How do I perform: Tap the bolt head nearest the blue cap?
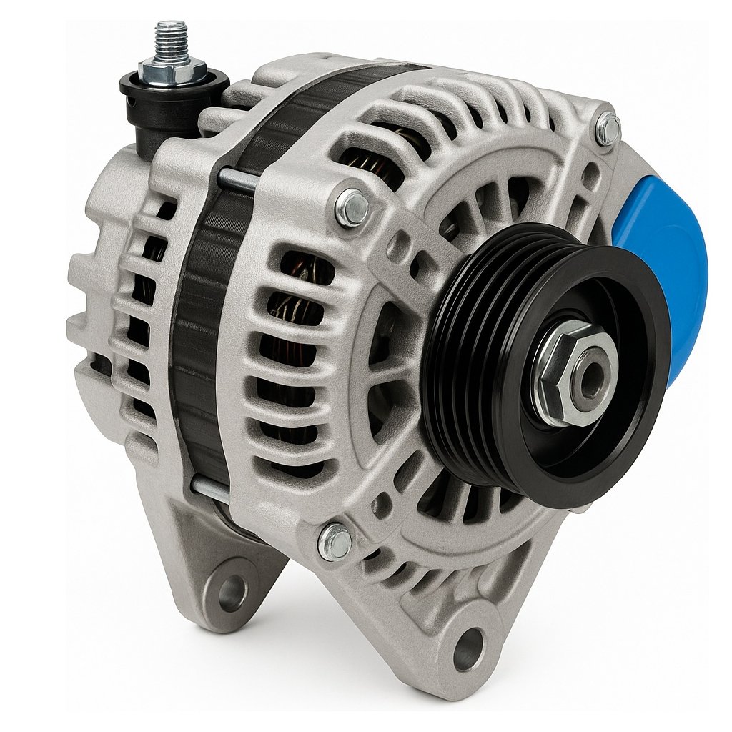tap(608, 129)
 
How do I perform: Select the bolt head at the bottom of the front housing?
tap(335, 540)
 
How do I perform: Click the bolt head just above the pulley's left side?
tap(352, 207)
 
